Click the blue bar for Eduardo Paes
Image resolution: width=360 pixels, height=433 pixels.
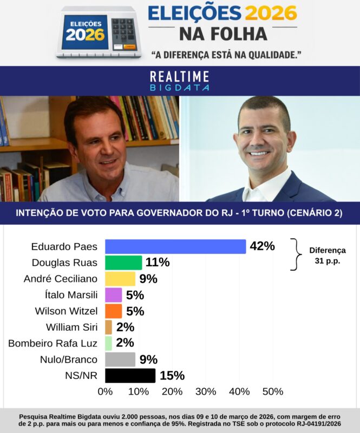pyautogui.click(x=175, y=247)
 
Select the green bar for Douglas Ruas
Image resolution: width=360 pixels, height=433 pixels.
pyautogui.click(x=123, y=263)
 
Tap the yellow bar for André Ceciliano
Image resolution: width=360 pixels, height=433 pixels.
pyautogui.click(x=120, y=279)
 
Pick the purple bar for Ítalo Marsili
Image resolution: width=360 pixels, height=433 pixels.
pyautogui.click(x=113, y=295)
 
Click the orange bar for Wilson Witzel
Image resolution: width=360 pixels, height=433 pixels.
pyautogui.click(x=113, y=311)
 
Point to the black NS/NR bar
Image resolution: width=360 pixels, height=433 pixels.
pyautogui.click(x=130, y=376)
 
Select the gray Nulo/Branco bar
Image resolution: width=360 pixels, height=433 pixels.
pyautogui.click(x=120, y=359)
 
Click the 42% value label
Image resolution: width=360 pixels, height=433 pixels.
pyautogui.click(x=262, y=246)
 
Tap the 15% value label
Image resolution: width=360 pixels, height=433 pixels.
pyautogui.click(x=172, y=376)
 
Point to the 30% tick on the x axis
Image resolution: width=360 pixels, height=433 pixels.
pyautogui.click(x=205, y=391)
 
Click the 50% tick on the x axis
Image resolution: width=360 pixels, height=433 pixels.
pyautogui.click(x=272, y=391)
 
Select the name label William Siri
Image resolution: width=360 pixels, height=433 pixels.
pyautogui.click(x=71, y=327)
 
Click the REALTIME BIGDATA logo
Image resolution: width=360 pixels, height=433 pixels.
pyautogui.click(x=179, y=81)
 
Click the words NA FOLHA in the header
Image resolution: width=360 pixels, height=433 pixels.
pyautogui.click(x=222, y=34)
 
